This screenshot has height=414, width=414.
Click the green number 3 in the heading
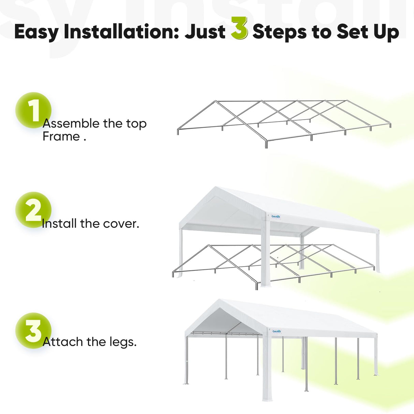[x=239, y=29]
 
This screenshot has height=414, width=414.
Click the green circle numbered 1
[x=33, y=110]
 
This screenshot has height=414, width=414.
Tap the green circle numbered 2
[x=33, y=210]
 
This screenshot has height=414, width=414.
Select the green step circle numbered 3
[x=33, y=330]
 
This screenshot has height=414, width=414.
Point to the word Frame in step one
[x=61, y=136]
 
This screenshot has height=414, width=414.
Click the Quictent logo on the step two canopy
[x=276, y=217]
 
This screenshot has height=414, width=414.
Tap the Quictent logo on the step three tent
[x=276, y=331]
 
